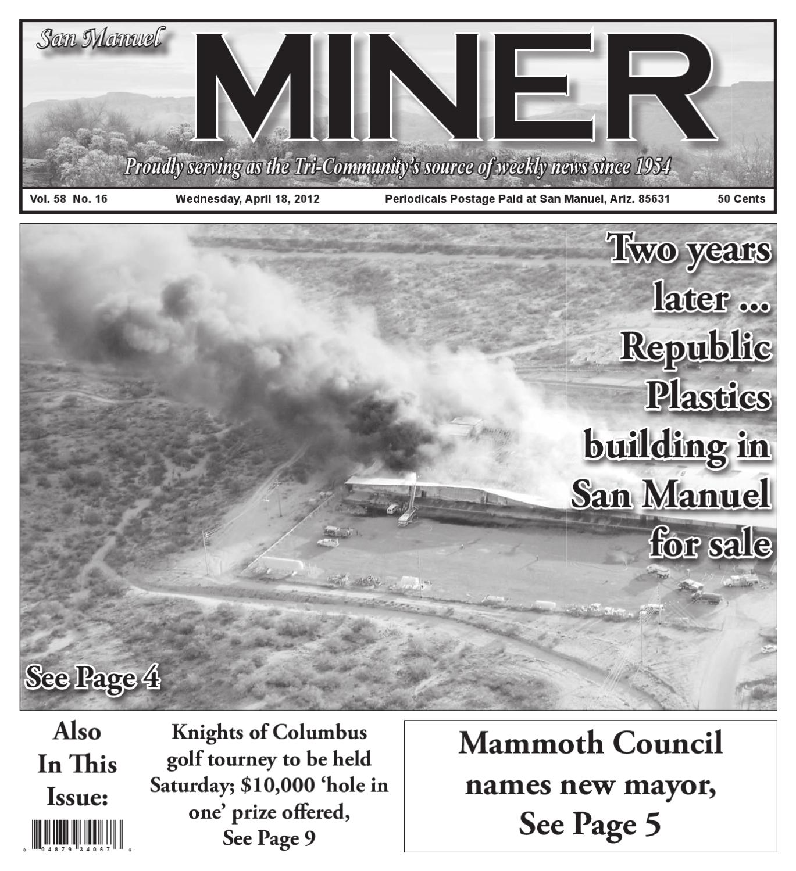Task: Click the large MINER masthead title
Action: (454, 87)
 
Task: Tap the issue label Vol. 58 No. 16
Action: (69, 199)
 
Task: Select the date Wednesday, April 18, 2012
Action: (247, 199)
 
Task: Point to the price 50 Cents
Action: (741, 199)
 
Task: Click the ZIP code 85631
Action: (654, 199)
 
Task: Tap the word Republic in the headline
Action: (695, 347)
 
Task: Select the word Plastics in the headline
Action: (708, 397)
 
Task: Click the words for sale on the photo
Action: (710, 545)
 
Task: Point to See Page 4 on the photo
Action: (93, 678)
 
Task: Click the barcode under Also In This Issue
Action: (77, 834)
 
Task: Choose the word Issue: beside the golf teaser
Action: (77, 798)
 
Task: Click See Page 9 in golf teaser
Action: (269, 838)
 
